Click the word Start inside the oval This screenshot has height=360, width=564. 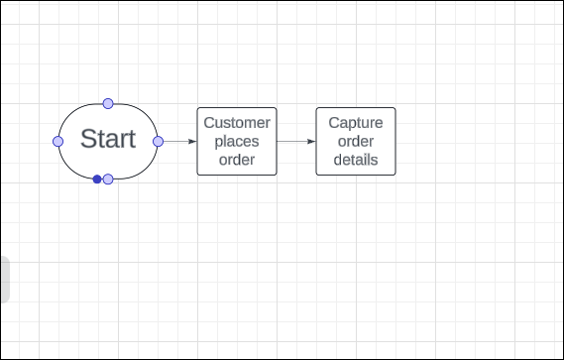coord(107,139)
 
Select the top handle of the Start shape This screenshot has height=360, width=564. coord(108,103)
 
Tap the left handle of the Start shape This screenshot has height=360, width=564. coord(58,142)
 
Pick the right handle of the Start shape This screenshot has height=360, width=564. coord(158,142)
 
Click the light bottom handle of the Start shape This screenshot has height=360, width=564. coord(108,180)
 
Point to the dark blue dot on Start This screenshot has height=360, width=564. coord(97,180)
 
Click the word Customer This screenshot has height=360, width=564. coord(237,123)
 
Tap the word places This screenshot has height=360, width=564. coord(237,141)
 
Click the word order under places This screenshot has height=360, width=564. coord(237,159)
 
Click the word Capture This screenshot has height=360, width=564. coord(356,123)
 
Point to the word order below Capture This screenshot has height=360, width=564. coord(356,141)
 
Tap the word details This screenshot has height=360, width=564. coord(356,159)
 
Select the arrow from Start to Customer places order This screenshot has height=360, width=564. coord(177,142)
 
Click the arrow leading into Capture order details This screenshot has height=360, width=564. coord(295,142)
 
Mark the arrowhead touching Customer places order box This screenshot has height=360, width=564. coord(192,142)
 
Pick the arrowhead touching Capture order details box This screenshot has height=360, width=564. coord(311,142)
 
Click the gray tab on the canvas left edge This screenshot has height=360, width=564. coord(4,279)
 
